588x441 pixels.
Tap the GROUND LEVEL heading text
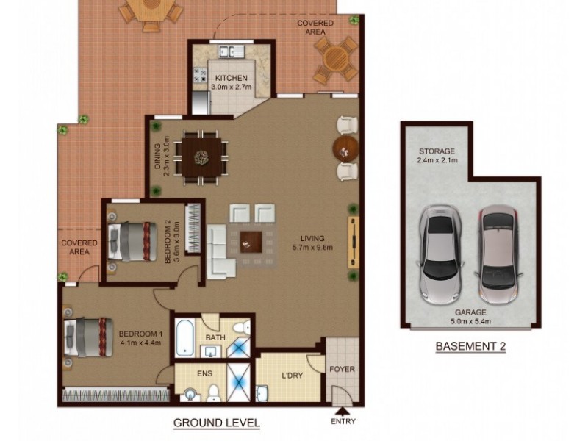216,423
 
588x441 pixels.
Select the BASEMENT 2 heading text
471,346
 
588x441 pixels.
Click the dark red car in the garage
498,251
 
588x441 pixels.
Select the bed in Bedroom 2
133,241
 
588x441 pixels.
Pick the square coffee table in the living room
252,240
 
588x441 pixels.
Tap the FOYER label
342,370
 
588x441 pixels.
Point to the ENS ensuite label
205,373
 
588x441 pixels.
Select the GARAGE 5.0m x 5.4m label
470,317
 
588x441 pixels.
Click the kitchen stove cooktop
198,75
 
